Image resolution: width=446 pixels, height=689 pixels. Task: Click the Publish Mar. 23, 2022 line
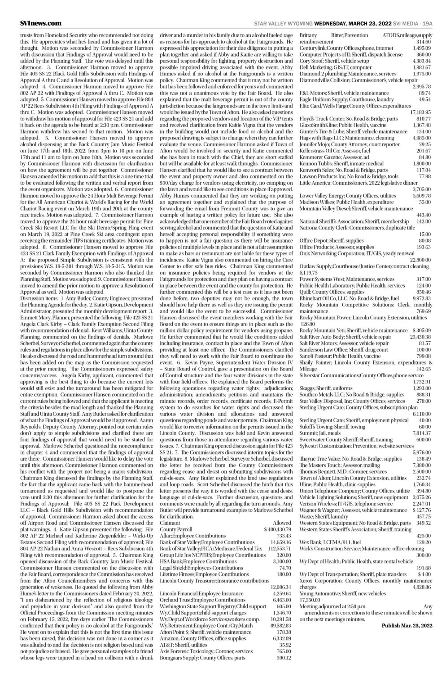407,625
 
